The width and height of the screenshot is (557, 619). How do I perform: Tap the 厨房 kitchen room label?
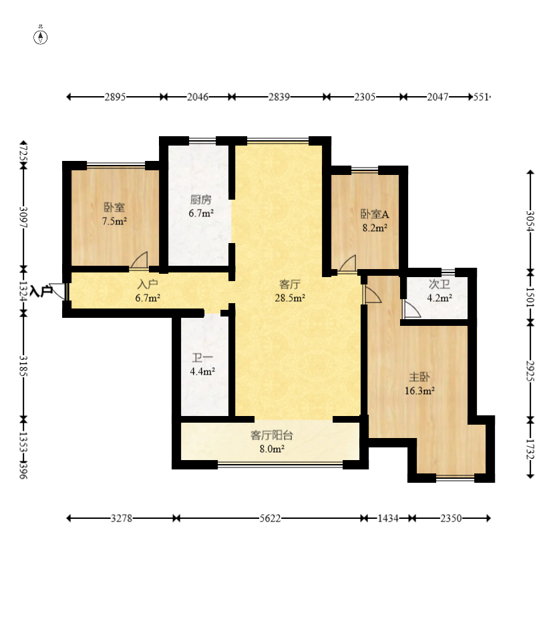tap(200, 200)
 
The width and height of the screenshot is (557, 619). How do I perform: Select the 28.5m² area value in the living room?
tap(290, 298)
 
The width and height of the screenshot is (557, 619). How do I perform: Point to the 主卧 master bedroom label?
tap(419, 377)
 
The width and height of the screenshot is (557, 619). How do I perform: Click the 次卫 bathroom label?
tap(439, 284)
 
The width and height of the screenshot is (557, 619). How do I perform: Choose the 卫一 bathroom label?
tap(202, 358)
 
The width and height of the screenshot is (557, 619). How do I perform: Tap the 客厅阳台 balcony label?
tap(272, 435)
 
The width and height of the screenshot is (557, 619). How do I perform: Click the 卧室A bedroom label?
tap(375, 214)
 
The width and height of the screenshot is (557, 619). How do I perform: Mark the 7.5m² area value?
tap(114, 221)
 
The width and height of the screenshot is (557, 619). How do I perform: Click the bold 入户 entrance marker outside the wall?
tap(41, 291)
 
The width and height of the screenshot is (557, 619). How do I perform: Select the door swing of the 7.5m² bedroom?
tap(140, 261)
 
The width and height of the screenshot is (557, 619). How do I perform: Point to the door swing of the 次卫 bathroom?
tap(411, 309)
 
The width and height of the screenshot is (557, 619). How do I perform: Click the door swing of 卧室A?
tap(347, 264)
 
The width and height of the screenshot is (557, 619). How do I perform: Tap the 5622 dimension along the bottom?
tap(270, 518)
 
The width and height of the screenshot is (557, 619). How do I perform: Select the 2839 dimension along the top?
tap(279, 97)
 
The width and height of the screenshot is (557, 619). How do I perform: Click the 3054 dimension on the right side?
tap(530, 222)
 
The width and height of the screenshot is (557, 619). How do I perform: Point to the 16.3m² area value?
tap(419, 391)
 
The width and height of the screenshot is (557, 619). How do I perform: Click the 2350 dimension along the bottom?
tap(451, 518)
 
